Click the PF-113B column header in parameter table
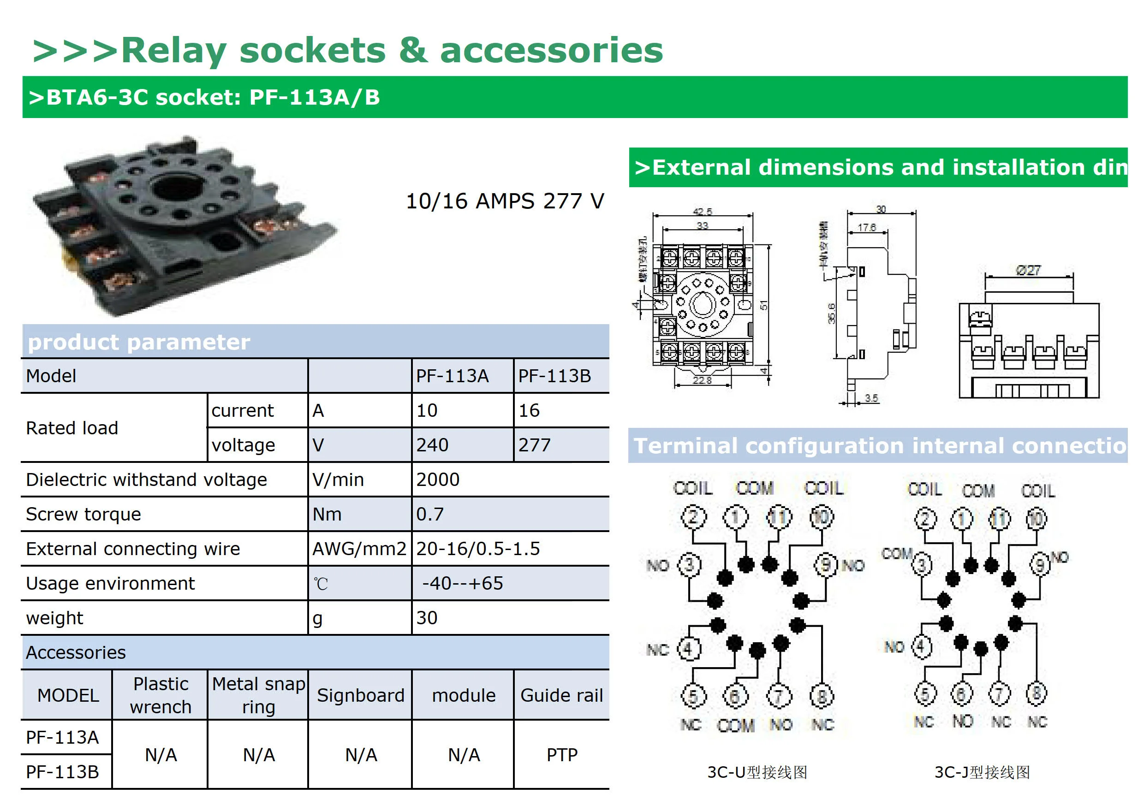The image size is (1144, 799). (x=554, y=376)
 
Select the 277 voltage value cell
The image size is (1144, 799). (x=535, y=445)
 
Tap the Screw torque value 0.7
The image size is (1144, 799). (x=430, y=514)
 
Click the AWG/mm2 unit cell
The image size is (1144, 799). (x=359, y=549)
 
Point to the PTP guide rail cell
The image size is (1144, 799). (x=561, y=755)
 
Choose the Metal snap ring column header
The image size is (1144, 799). (x=258, y=695)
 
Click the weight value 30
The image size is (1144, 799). (x=427, y=618)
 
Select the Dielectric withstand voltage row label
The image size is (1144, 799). (x=147, y=479)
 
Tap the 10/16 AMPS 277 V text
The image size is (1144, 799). (x=505, y=201)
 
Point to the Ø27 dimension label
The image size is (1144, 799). (x=1028, y=270)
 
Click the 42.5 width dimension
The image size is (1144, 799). (x=703, y=211)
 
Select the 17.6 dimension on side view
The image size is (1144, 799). (x=866, y=227)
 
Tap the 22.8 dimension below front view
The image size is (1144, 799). (x=702, y=380)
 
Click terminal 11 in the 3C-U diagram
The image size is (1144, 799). (x=778, y=516)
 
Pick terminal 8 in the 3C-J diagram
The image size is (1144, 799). (x=1037, y=693)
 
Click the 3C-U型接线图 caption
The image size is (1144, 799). (x=757, y=772)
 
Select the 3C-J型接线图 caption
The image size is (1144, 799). (x=982, y=772)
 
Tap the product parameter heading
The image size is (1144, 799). (x=139, y=342)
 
